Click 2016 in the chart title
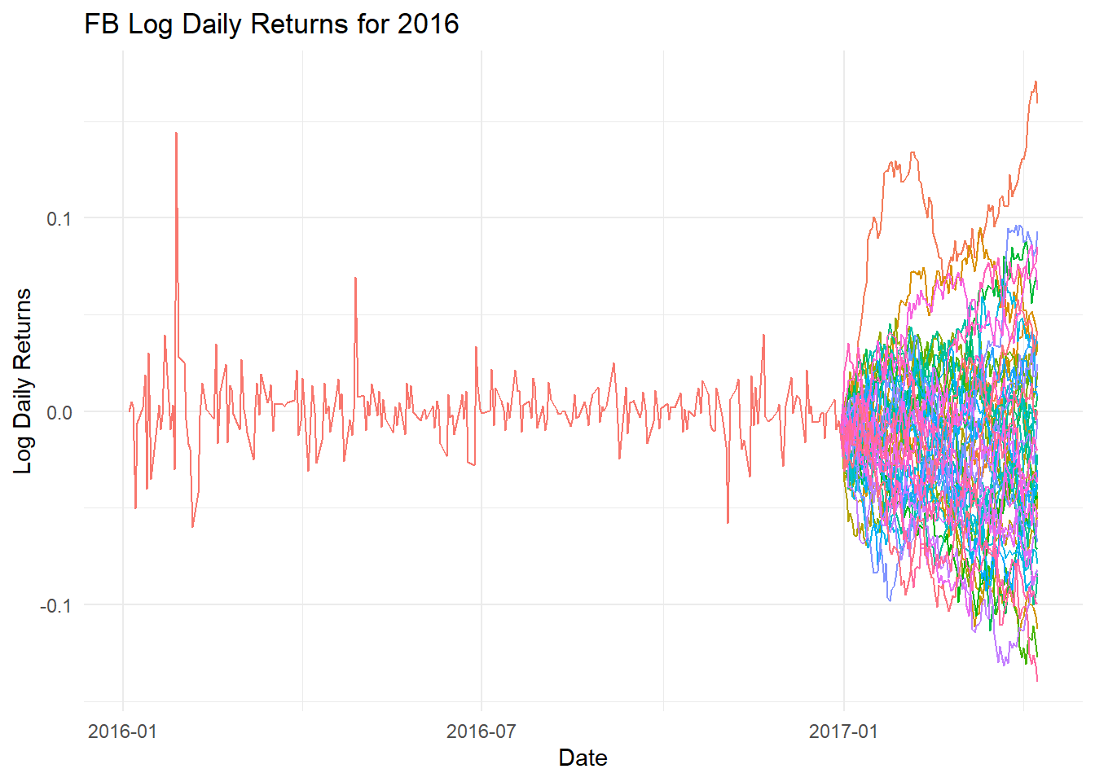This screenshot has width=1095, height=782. point(429,24)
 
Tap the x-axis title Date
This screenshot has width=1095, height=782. point(583,758)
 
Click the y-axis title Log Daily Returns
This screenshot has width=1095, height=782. point(23,380)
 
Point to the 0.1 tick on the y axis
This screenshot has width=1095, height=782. point(59,218)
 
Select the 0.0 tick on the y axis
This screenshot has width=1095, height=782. point(59,412)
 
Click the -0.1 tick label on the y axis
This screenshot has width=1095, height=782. point(55,605)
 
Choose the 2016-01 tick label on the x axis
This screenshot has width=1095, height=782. point(122,731)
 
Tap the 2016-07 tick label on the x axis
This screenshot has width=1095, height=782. point(481,731)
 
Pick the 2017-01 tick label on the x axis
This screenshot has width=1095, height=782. point(843,731)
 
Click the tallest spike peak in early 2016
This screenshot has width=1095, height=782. point(176,133)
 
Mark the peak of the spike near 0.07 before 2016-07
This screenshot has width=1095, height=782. point(355,278)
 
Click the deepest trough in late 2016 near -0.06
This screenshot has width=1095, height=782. point(728,522)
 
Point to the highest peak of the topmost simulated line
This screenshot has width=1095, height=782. point(1035,81)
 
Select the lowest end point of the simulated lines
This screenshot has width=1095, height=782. point(1037,680)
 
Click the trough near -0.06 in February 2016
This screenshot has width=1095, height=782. point(192,526)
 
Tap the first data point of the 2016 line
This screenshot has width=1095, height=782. point(130,411)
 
